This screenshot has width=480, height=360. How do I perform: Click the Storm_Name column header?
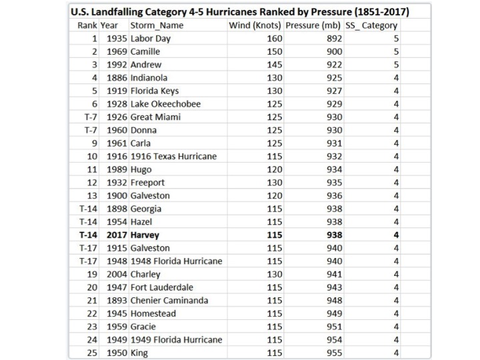pyautogui.click(x=157, y=25)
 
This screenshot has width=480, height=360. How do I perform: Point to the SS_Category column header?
pyautogui.click(x=372, y=25)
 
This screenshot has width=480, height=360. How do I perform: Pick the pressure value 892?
pyautogui.click(x=334, y=39)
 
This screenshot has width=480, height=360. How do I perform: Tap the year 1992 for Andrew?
pyautogui.click(x=117, y=65)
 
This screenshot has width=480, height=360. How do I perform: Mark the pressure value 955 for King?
pyautogui.click(x=334, y=353)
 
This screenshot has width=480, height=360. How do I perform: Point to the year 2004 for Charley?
pyautogui.click(x=117, y=274)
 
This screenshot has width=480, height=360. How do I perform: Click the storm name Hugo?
pyautogui.click(x=142, y=169)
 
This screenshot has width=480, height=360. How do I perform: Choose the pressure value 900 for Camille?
pyautogui.click(x=334, y=51)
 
